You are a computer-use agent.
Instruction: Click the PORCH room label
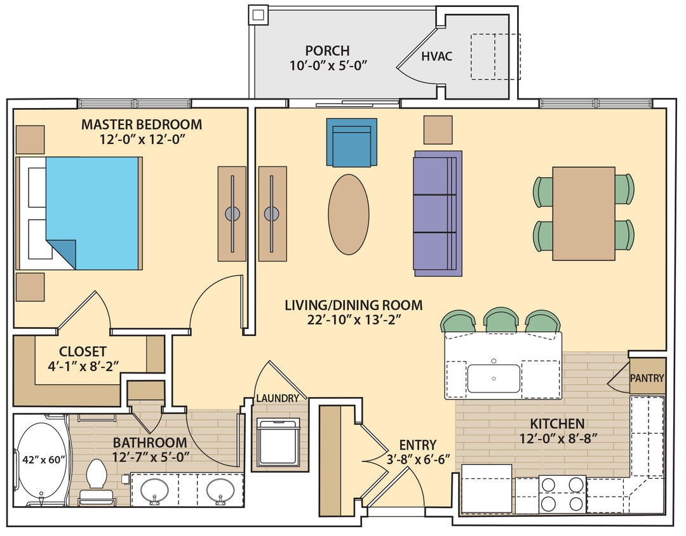pos(327,50)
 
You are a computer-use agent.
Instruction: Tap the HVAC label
pos(437,56)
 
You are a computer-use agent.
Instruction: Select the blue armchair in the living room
pos(351,142)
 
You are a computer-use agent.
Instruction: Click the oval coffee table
pos(348,214)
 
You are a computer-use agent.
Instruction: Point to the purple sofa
pos(437,213)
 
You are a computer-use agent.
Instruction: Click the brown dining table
pos(583,213)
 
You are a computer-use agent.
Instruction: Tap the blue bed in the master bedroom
pos(91,213)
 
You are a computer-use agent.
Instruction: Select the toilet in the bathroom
pos(97,476)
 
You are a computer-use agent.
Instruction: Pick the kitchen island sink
pos(494,379)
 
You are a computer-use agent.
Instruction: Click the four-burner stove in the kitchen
pos(562,494)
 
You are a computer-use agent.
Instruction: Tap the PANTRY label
pos(647,379)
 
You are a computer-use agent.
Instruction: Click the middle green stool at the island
pos(503,321)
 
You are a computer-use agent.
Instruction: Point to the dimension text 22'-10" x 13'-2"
pos(353,321)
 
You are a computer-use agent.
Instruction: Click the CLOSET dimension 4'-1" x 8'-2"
pos(83,366)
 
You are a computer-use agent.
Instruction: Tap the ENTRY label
pos(417,445)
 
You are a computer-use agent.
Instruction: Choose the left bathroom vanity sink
pos(154,490)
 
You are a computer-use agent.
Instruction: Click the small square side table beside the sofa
pos(438,130)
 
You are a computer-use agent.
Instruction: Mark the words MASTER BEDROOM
pos(141,124)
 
